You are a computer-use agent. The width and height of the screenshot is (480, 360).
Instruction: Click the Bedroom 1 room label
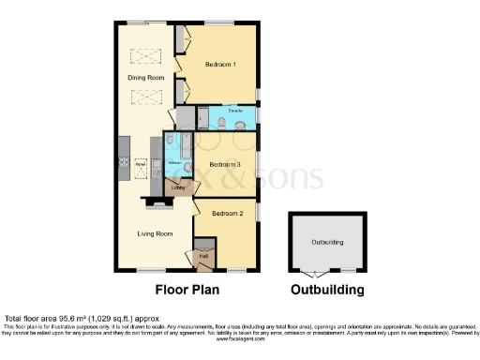click(219, 64)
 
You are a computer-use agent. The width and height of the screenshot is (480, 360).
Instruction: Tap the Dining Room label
click(146, 77)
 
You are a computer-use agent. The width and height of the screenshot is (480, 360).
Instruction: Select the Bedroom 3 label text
click(225, 165)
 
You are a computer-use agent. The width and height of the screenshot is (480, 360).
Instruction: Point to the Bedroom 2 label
click(228, 214)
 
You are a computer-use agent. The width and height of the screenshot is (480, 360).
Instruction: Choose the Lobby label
click(178, 187)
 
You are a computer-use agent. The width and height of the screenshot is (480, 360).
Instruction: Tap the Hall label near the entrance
click(202, 255)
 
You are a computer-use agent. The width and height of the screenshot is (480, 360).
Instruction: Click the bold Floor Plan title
click(183, 290)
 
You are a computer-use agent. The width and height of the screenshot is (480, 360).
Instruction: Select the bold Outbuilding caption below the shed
click(327, 290)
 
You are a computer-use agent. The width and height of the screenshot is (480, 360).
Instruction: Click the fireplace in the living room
click(153, 202)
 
